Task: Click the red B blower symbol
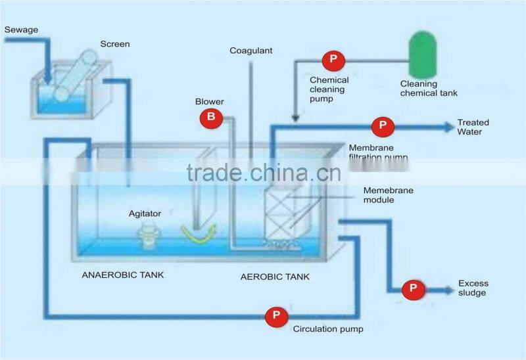[212, 118]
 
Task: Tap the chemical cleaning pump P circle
[333, 61]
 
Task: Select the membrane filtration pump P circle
[382, 126]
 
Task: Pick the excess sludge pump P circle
[414, 288]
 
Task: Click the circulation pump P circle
[276, 317]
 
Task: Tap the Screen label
[115, 44]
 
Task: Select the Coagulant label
[251, 51]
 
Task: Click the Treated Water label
[473, 127]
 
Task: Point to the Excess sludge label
[473, 288]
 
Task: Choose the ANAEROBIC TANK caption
[123, 275]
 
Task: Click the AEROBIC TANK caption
[275, 277]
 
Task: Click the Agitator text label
[145, 214]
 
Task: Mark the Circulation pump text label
[328, 329]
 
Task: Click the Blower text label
[210, 102]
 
